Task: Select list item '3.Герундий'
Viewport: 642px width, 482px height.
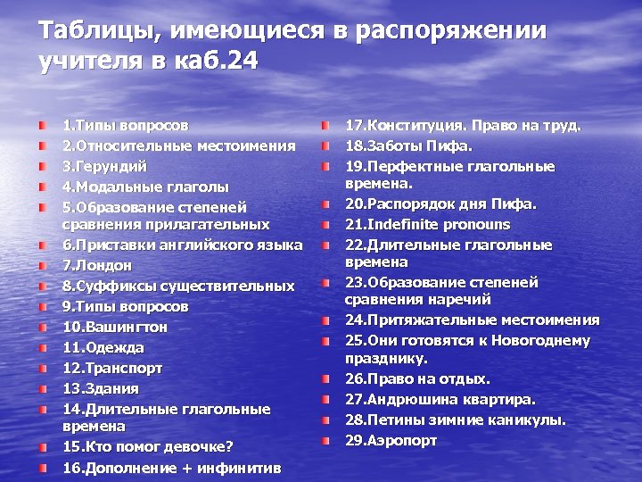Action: point(105,166)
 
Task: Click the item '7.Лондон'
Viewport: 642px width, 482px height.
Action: point(97,265)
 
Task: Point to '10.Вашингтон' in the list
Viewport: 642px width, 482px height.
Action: point(115,327)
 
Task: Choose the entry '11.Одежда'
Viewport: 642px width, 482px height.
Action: point(103,347)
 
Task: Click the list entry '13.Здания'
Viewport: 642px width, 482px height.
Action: point(101,388)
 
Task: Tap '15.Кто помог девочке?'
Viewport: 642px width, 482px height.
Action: point(147,446)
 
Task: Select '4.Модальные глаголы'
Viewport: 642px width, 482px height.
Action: point(145,187)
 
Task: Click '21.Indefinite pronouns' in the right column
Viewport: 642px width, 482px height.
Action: point(427,224)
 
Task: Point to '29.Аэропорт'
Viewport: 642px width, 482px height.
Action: point(391,440)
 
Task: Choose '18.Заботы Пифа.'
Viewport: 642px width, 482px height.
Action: point(408,145)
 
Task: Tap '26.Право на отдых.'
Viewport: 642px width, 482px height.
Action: point(417,378)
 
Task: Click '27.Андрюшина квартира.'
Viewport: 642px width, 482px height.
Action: point(440,399)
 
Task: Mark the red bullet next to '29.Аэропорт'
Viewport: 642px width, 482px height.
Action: point(326,440)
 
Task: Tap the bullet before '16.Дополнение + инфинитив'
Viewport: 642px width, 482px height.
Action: point(43,467)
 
